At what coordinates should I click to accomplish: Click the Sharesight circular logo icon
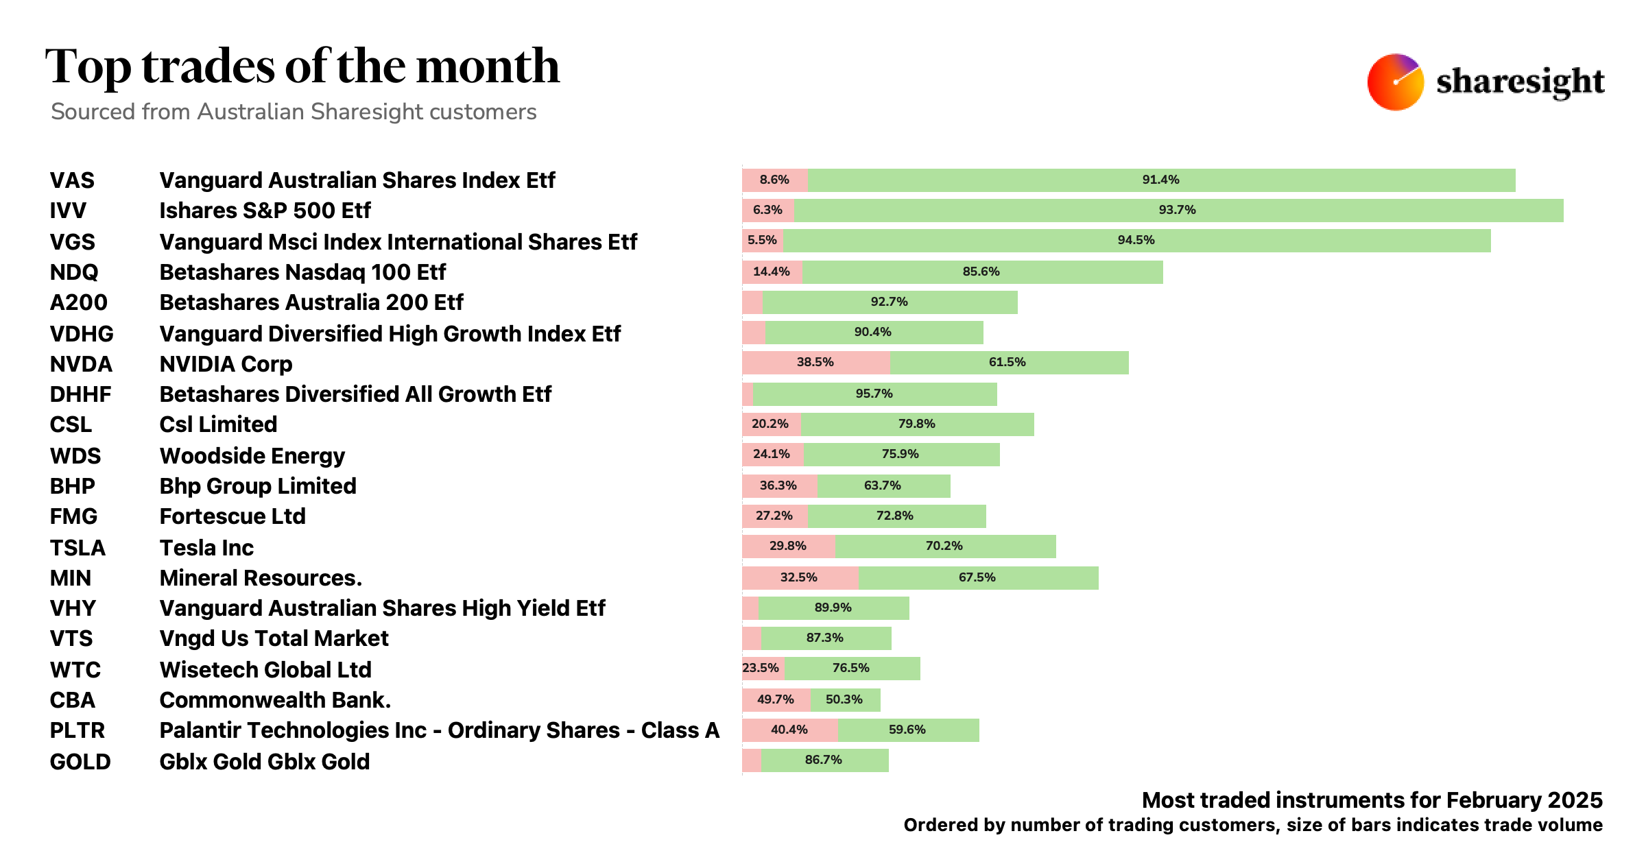point(1395,82)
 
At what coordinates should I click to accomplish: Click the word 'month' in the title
point(488,67)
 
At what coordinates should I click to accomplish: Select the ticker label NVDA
point(81,364)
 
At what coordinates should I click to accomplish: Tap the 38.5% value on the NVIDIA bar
point(815,362)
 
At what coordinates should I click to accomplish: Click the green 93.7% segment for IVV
point(1177,211)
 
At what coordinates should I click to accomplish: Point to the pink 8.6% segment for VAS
point(774,180)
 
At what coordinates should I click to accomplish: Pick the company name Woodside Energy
point(252,456)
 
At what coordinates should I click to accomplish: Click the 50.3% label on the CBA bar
point(844,699)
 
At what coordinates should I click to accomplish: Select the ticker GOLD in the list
point(80,762)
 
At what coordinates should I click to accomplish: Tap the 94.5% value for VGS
point(1136,241)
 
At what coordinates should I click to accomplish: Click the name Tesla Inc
point(206,548)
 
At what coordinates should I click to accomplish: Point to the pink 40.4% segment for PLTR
point(789,730)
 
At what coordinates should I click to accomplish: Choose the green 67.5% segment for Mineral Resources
point(977,578)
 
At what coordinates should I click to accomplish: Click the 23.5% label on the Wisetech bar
point(761,668)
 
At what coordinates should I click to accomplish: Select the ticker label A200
point(79,302)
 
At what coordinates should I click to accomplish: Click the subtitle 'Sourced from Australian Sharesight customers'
point(294,112)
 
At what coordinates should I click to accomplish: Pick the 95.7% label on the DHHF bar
point(874,394)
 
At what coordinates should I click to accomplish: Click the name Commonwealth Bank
point(274,700)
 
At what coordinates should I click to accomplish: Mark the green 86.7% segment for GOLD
point(824,760)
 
